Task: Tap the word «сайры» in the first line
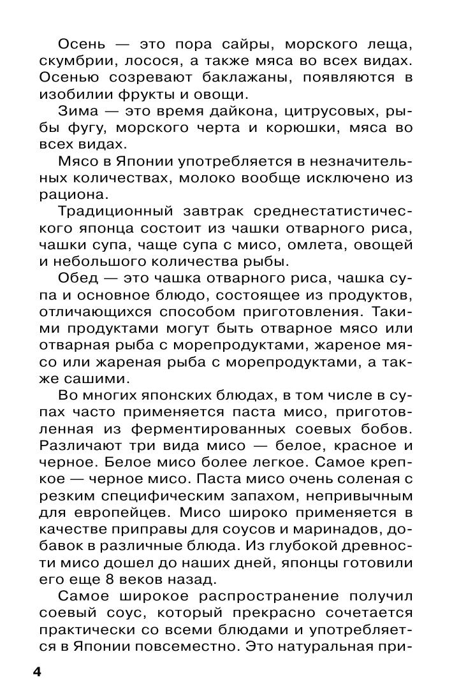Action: [x=247, y=45]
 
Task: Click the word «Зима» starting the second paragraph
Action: [x=78, y=112]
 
